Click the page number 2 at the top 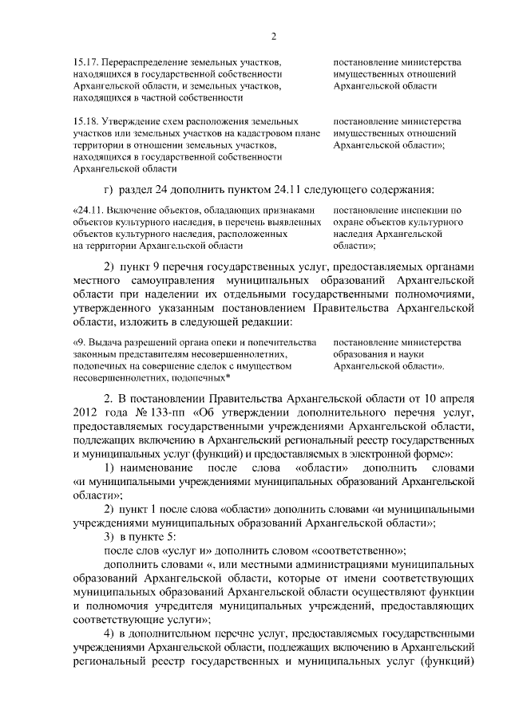pos(273,36)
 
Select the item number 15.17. pos(84,61)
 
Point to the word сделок pos(211,365)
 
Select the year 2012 pos(85,410)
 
